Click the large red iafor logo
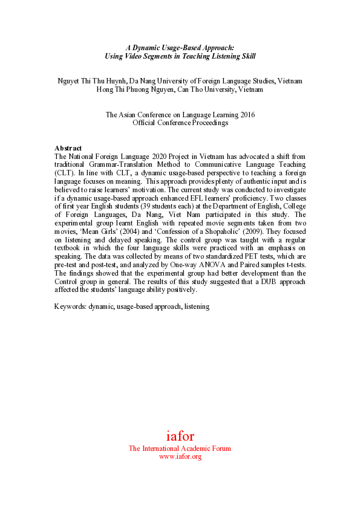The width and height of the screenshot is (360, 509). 180,436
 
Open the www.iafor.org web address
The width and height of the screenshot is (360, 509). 180,457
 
